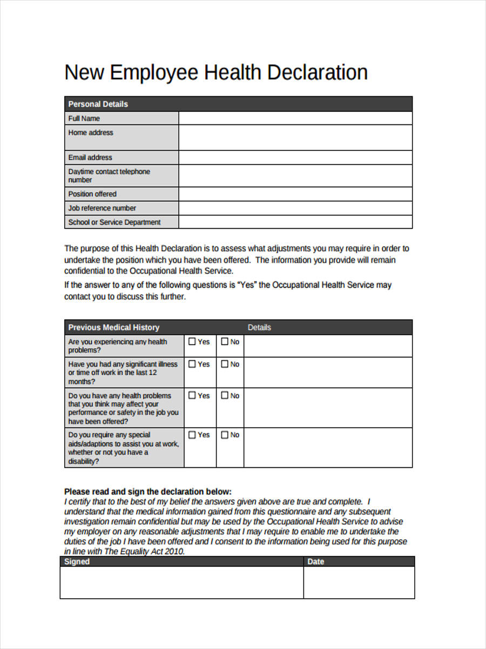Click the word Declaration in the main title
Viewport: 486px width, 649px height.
tap(318, 72)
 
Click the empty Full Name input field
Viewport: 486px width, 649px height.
tap(295, 118)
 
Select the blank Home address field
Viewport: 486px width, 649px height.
tap(295, 138)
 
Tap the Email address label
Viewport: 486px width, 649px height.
tap(90, 157)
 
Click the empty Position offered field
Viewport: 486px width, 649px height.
tap(295, 194)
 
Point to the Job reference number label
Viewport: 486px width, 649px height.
tap(102, 208)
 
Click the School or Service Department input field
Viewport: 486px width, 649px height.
tap(295, 222)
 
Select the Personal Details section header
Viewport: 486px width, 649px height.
tap(98, 104)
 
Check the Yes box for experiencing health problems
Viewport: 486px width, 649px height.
tap(192, 342)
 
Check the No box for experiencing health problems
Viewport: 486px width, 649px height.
tap(225, 342)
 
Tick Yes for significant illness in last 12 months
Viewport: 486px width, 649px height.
tap(192, 365)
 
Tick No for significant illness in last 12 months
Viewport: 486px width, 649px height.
tap(225, 365)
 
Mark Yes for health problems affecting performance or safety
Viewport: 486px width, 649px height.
tap(192, 396)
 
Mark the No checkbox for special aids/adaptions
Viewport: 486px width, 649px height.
tap(225, 435)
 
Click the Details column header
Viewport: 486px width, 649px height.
tap(259, 328)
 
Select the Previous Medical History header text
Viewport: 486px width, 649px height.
tap(113, 328)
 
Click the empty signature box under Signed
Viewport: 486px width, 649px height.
tap(181, 582)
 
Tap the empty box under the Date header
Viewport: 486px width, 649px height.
tap(359, 582)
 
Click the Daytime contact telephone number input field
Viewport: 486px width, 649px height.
tap(295, 176)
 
